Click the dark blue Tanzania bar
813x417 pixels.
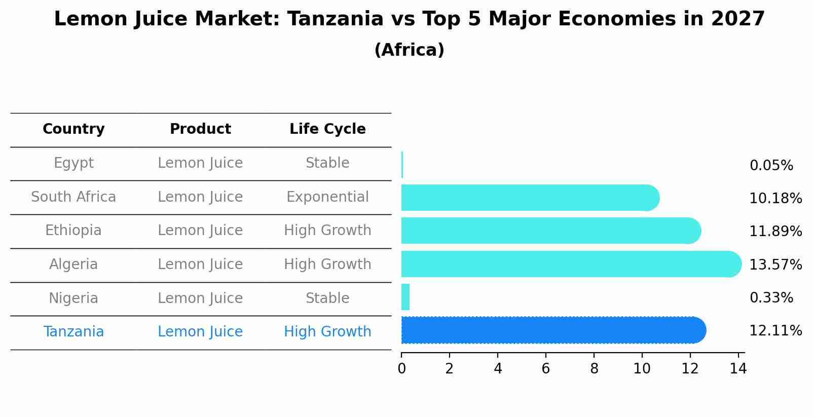coord(552,330)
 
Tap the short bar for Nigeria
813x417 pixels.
coord(405,297)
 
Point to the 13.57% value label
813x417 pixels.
coord(775,265)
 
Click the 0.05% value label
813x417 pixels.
coord(771,166)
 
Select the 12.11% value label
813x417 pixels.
coord(775,331)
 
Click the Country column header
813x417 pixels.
coord(73,129)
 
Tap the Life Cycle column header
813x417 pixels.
coord(327,129)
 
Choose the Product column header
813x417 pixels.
coord(200,129)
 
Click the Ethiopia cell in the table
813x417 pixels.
coord(73,231)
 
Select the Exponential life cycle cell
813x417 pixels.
coord(327,197)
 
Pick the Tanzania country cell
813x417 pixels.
coord(73,332)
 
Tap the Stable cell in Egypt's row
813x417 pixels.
coord(327,163)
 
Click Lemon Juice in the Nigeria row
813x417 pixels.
coord(200,298)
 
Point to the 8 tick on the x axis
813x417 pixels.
coord(594,369)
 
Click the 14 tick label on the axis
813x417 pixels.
coord(738,369)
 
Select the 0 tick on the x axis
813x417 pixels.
coord(401,369)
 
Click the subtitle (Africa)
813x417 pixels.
coord(409,50)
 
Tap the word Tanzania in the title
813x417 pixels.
coord(335,19)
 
